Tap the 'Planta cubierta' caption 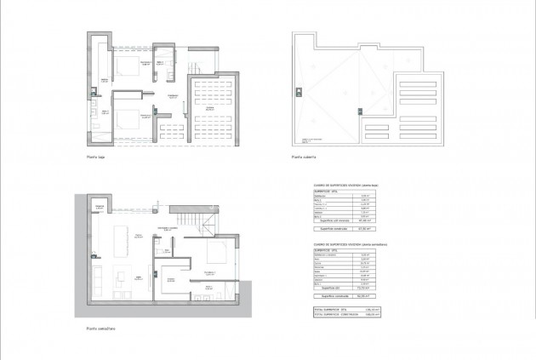click(x=304, y=157)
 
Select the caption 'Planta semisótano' click(x=100, y=329)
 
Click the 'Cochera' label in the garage click(x=208, y=109)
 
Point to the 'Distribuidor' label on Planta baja click(x=173, y=94)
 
